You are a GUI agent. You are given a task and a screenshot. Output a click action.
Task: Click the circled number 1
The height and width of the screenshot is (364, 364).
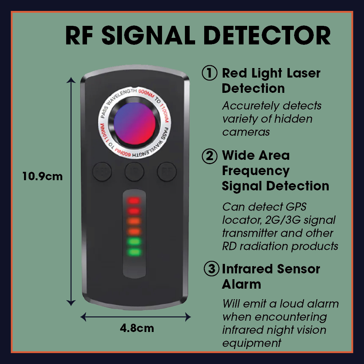point(210,73)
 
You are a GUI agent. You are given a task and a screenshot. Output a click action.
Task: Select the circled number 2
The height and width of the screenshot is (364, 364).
point(210,156)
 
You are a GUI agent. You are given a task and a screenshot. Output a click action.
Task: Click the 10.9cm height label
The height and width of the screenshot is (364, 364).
point(43,177)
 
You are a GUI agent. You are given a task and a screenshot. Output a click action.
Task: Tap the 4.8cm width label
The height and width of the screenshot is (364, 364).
point(137,328)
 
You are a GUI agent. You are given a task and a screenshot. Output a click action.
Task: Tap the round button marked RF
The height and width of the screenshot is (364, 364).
point(167,171)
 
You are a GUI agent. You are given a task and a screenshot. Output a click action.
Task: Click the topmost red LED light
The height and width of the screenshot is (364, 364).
point(134,201)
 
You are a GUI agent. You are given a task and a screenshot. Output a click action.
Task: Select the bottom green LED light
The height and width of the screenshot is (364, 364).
point(134,252)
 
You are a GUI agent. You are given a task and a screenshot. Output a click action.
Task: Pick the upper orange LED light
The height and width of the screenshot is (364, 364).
point(134,221)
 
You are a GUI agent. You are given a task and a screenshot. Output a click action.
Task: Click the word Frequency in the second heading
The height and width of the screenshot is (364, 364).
point(256,171)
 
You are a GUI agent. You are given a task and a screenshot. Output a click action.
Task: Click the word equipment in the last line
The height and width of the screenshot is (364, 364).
point(252,343)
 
